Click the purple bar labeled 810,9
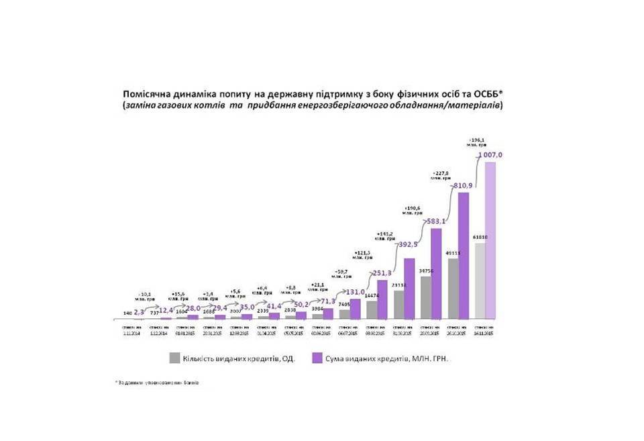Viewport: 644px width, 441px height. coord(464,255)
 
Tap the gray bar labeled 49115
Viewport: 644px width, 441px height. coord(453,289)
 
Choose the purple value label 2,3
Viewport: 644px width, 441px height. coord(140,311)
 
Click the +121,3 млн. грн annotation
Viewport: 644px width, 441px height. coord(364,256)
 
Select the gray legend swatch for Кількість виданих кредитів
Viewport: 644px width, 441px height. coord(174,358)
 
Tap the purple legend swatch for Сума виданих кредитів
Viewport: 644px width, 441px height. coord(319,358)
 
